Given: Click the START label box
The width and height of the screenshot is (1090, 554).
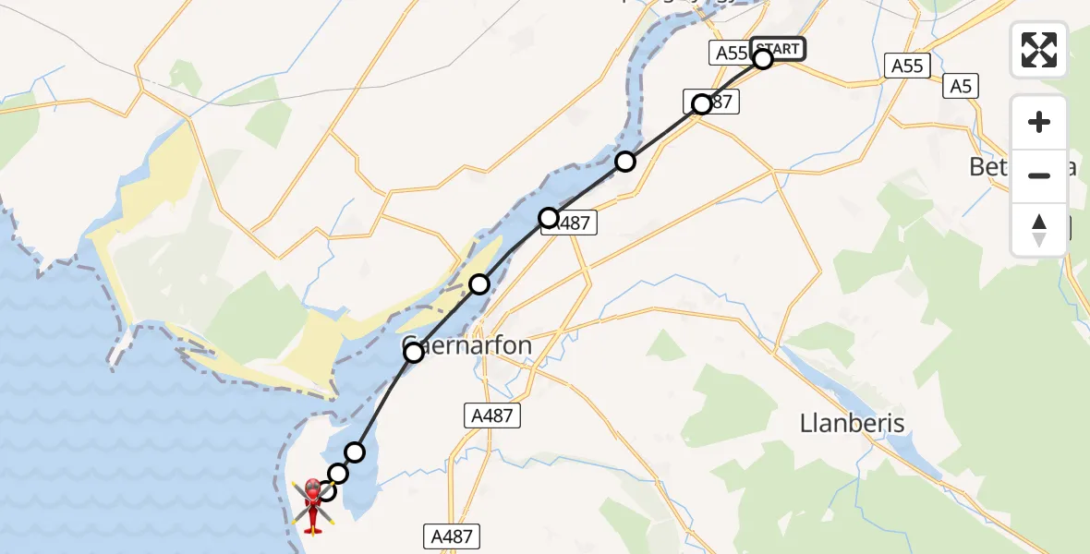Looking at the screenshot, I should click(778, 49).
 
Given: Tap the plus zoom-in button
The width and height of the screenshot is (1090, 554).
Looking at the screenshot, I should click(1039, 122).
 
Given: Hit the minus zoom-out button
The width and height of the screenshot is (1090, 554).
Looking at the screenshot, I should click(1039, 175).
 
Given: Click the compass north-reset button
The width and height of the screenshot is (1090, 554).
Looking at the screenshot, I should click(1039, 230).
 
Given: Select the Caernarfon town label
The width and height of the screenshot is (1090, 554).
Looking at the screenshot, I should click(467, 346).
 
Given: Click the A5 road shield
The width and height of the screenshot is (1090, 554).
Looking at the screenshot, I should click(961, 87).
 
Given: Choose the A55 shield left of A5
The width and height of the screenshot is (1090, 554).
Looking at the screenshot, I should click(906, 66).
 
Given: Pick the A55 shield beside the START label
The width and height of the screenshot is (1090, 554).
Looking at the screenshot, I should click(731, 53).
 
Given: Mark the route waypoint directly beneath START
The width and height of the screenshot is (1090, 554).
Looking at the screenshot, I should click(763, 59).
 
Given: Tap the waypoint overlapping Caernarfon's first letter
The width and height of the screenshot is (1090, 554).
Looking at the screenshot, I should click(414, 352).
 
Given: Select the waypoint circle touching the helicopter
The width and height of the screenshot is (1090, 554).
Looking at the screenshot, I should click(326, 490).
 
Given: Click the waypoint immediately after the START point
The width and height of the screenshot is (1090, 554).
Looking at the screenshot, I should click(702, 104).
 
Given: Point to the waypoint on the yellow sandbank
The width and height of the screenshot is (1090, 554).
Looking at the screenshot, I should click(478, 284).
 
